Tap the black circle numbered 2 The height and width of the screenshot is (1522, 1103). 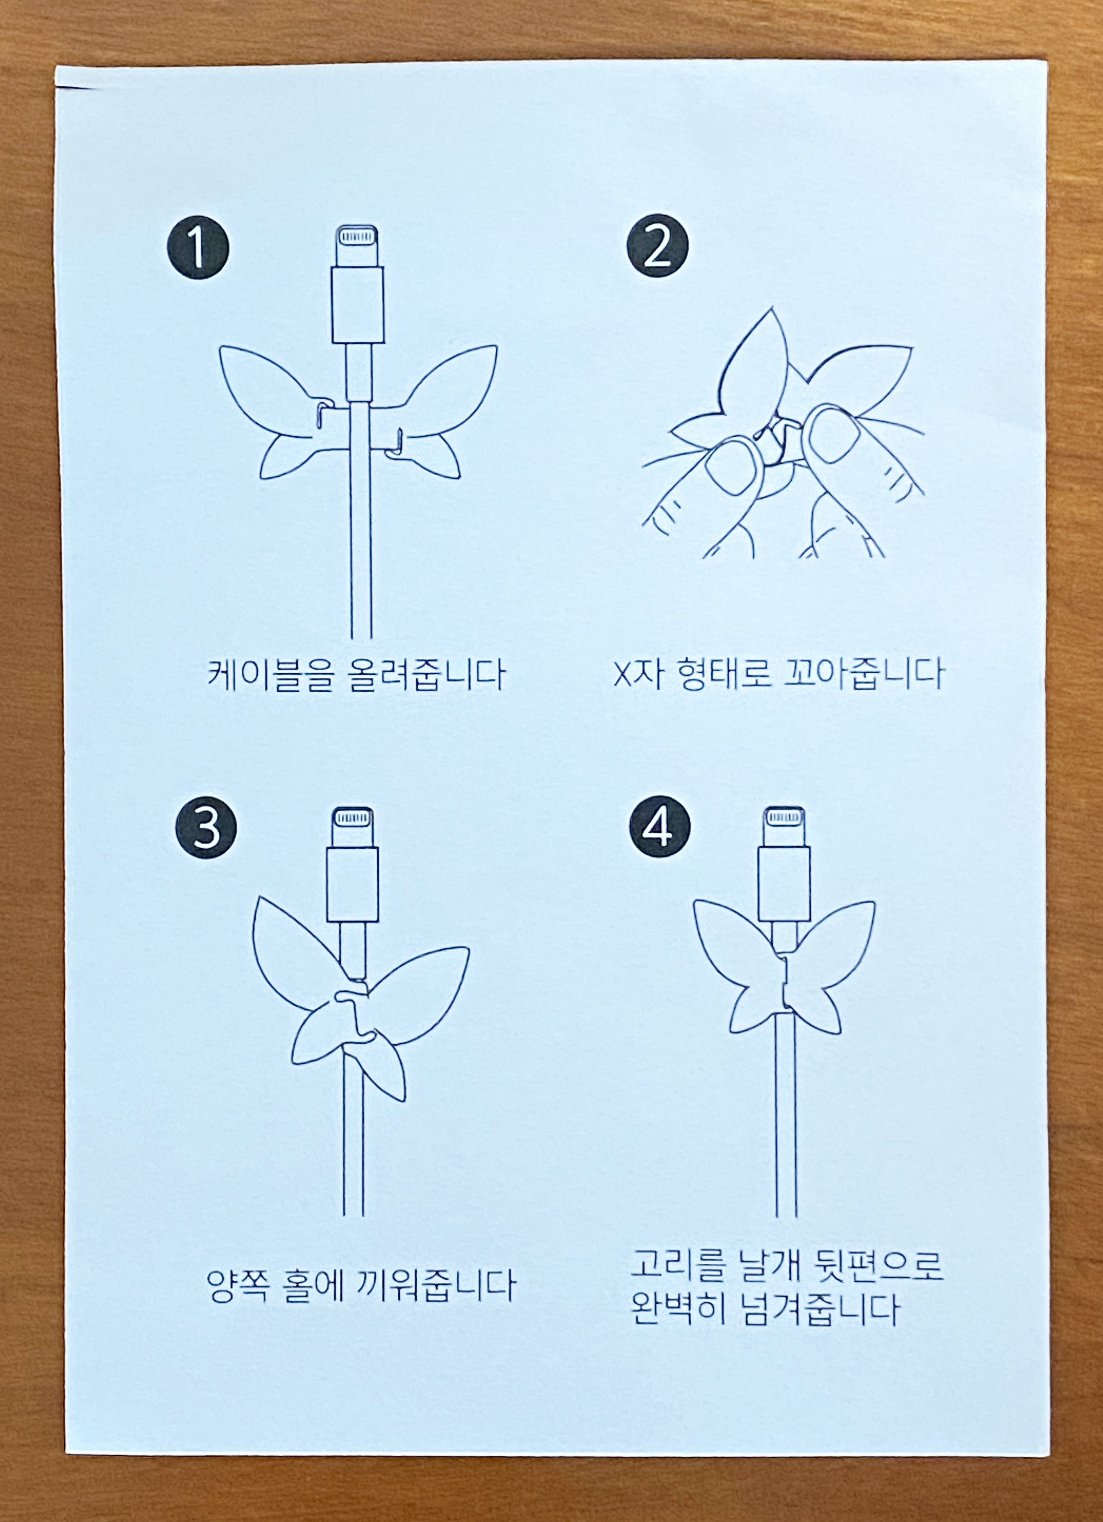(x=658, y=245)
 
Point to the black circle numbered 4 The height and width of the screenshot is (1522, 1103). (x=660, y=826)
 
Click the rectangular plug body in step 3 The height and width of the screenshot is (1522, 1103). (x=353, y=884)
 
